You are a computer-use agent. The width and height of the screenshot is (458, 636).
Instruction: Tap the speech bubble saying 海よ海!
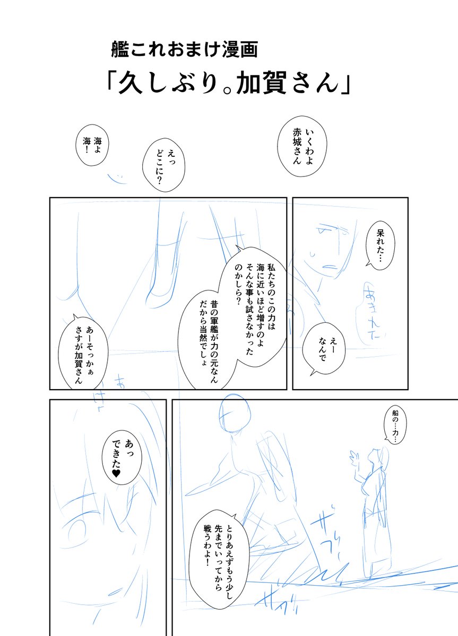(x=93, y=144)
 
